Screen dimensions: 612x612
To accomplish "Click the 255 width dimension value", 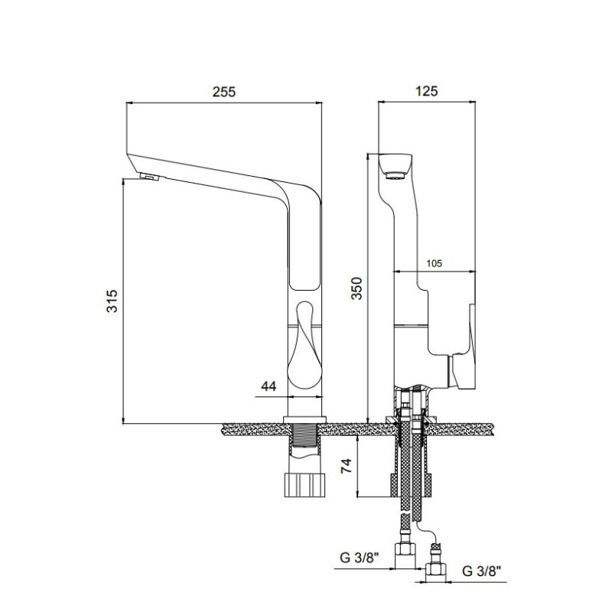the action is tap(224, 92).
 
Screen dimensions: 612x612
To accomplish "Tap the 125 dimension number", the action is tap(426, 91).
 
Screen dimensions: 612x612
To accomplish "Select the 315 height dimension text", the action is tap(112, 301).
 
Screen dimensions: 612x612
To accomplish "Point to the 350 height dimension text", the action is tap(356, 288).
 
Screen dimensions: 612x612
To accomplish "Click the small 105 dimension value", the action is tap(434, 263).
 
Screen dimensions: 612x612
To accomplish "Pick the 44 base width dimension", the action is tap(269, 386).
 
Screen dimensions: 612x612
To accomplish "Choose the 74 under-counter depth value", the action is tap(347, 466).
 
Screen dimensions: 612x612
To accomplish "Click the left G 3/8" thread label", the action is tap(360, 558).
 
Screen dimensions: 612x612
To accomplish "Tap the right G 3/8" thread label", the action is tap(481, 571).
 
